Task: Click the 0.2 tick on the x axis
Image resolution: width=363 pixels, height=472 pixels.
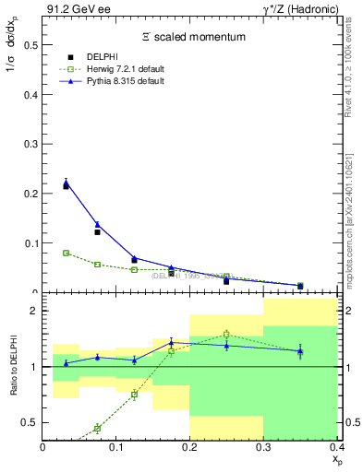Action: coord(190,447)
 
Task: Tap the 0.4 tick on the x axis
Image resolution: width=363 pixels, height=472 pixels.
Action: coord(336,447)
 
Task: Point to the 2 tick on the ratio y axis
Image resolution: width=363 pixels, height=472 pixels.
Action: coord(33,311)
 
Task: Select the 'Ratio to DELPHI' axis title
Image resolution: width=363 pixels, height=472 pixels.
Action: coord(12,366)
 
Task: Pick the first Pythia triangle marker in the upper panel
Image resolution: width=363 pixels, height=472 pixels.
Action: coord(66,183)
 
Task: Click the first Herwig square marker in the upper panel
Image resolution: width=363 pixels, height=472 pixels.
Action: coord(66,253)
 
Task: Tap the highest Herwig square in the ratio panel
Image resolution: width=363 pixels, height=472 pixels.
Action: coord(226,334)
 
